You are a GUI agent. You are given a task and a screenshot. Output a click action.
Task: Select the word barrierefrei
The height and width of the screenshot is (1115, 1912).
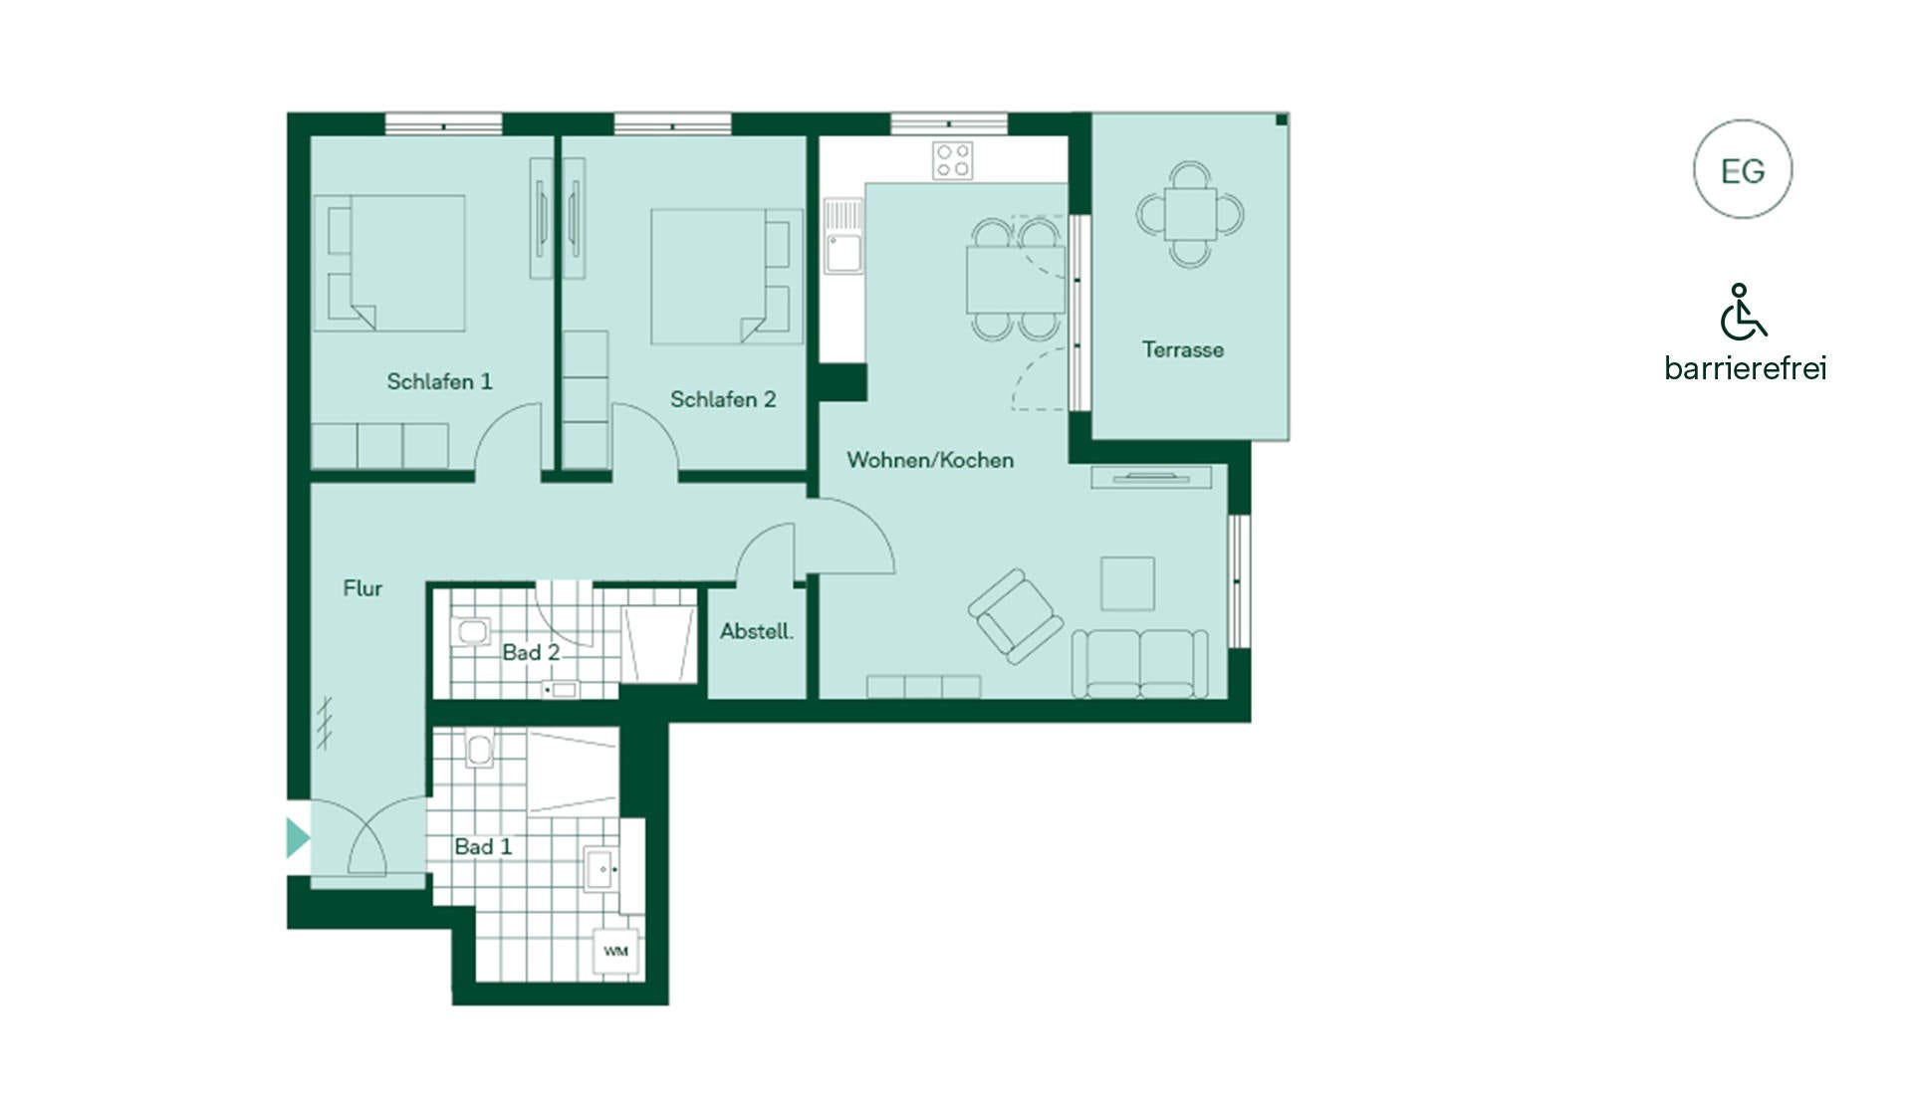1746,368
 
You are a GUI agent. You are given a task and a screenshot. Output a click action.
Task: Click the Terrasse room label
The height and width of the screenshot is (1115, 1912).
1183,349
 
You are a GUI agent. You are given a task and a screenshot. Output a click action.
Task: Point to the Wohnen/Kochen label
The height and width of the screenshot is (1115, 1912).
930,460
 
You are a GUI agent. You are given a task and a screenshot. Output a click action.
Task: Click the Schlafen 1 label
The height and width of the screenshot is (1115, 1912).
439,381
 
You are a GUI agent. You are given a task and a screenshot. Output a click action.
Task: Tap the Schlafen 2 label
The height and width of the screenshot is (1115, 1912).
723,399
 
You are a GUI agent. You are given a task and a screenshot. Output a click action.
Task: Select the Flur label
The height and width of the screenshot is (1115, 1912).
362,588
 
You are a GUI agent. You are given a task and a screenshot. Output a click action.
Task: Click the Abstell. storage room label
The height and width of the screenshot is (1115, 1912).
757,631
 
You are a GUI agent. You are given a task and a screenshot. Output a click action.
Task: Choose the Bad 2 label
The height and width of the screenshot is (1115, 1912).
531,652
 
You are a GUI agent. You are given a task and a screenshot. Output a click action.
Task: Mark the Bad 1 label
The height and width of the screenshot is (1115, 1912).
483,846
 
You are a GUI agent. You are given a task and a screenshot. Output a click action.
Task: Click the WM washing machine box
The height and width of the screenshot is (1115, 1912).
615,952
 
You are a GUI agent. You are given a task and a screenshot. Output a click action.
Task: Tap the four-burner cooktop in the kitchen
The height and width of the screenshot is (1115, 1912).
953,160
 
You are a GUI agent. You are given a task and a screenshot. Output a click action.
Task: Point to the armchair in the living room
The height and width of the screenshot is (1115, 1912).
1016,616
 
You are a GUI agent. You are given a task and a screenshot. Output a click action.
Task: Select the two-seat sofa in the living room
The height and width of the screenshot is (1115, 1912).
1140,663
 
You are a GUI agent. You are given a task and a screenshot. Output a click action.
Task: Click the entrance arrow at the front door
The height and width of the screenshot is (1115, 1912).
298,837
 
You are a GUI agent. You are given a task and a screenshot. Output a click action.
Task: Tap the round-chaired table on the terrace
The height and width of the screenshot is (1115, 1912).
1190,214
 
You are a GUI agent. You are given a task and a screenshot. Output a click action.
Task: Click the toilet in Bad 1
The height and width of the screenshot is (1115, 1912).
480,749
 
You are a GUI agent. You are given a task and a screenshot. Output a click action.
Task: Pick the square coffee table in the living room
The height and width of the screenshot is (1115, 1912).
1127,583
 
